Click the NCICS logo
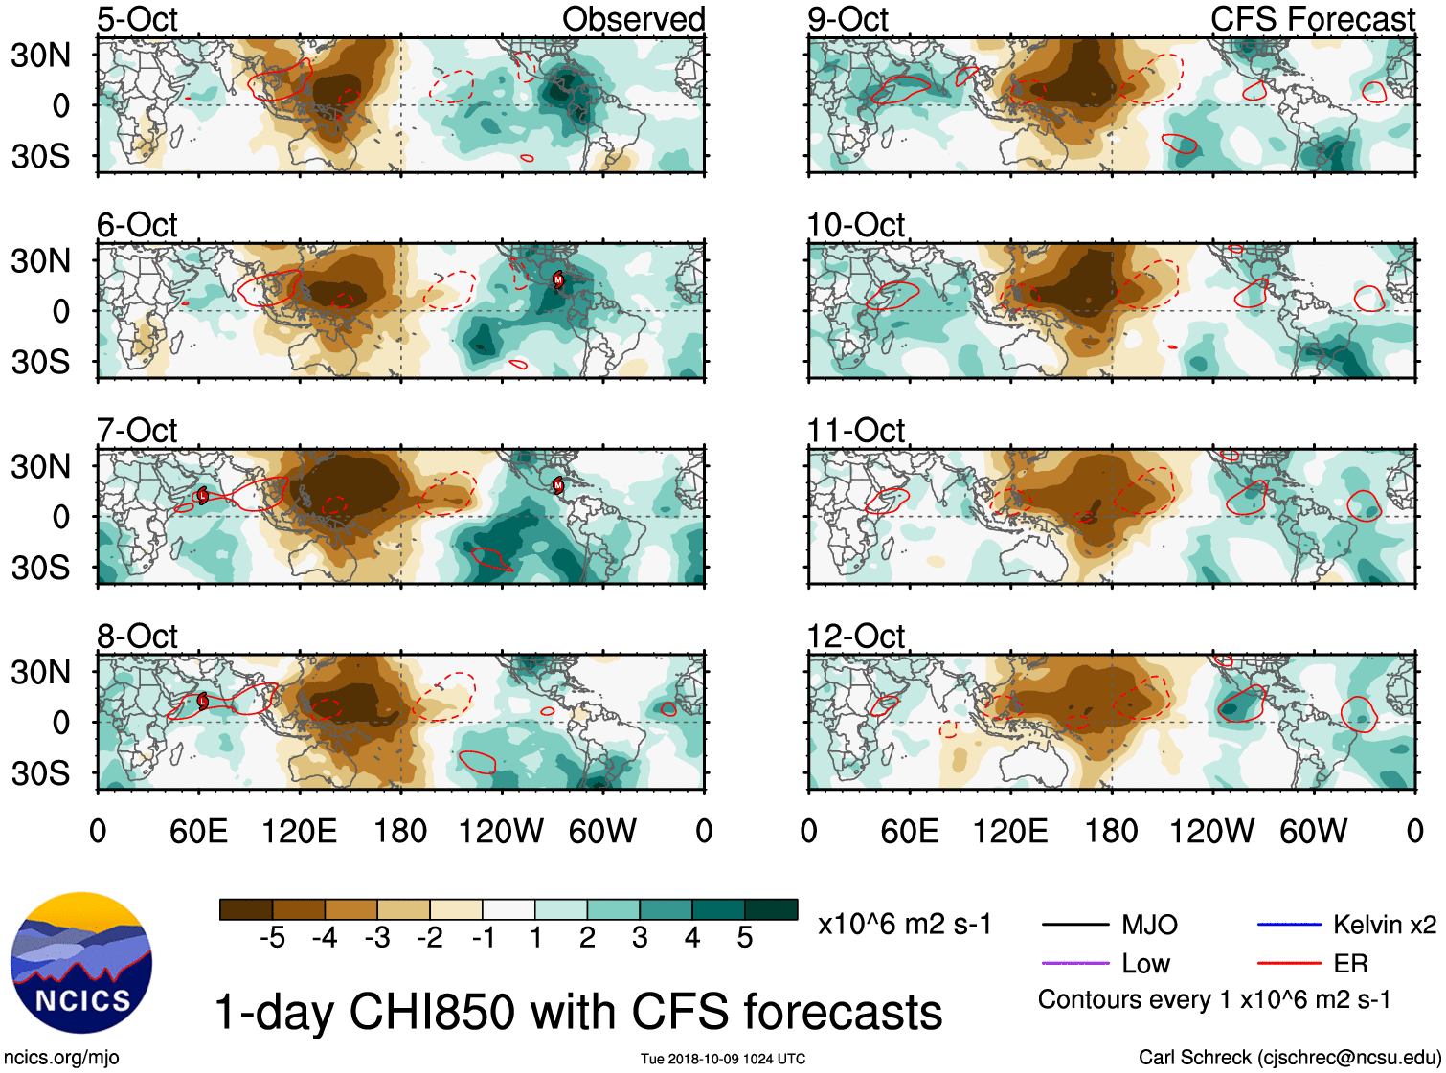tap(81, 963)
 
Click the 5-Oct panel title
tap(137, 19)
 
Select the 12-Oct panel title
tap(855, 637)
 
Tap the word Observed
tap(633, 19)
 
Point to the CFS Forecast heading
tap(1312, 19)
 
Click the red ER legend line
tap(1289, 963)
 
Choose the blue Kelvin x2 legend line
tap(1289, 925)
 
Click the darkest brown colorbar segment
tap(246, 909)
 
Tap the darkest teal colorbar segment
tap(771, 909)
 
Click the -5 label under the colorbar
tap(272, 938)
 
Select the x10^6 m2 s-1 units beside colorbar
tap(904, 925)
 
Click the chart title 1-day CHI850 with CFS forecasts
tap(577, 1012)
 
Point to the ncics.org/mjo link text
tap(61, 1058)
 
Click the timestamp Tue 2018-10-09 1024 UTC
tap(723, 1059)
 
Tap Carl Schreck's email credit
tap(1289, 1058)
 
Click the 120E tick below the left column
tap(300, 831)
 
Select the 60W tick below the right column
tap(1313, 831)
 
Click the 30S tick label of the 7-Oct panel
tap(40, 568)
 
